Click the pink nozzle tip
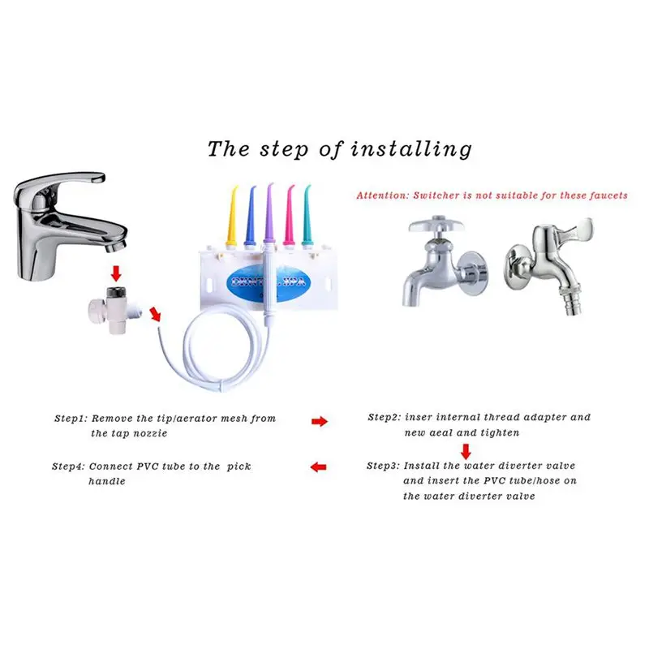[x=290, y=212]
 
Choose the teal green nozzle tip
[x=307, y=213]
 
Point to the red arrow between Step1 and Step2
[x=320, y=422]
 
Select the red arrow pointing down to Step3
[x=466, y=450]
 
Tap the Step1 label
[x=71, y=419]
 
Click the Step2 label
[x=385, y=418]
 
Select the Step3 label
[x=383, y=466]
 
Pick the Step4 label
[x=68, y=467]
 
